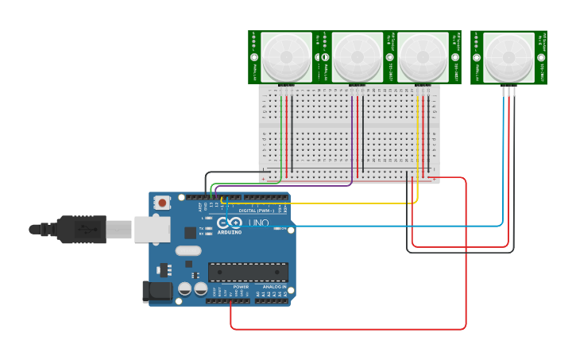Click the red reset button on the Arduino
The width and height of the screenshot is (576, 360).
tap(162, 203)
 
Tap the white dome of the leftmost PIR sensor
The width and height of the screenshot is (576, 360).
tap(287, 57)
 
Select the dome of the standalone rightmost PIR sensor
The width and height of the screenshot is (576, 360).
tap(508, 57)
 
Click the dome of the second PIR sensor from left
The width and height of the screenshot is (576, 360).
tap(357, 57)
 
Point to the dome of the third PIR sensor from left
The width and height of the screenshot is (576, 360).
tap(423, 57)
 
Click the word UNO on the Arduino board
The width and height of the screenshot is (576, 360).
tap(259, 223)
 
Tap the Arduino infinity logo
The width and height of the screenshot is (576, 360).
tap(230, 223)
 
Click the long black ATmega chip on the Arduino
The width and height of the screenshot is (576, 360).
tap(248, 272)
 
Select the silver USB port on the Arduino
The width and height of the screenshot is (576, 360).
tap(152, 229)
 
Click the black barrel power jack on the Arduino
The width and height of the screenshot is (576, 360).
tap(157, 291)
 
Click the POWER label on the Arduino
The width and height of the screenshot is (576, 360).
tap(241, 287)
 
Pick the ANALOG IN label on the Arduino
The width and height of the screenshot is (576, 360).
tap(275, 287)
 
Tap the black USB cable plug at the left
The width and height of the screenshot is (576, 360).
tap(79, 230)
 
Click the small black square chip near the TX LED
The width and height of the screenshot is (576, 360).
tap(190, 232)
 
